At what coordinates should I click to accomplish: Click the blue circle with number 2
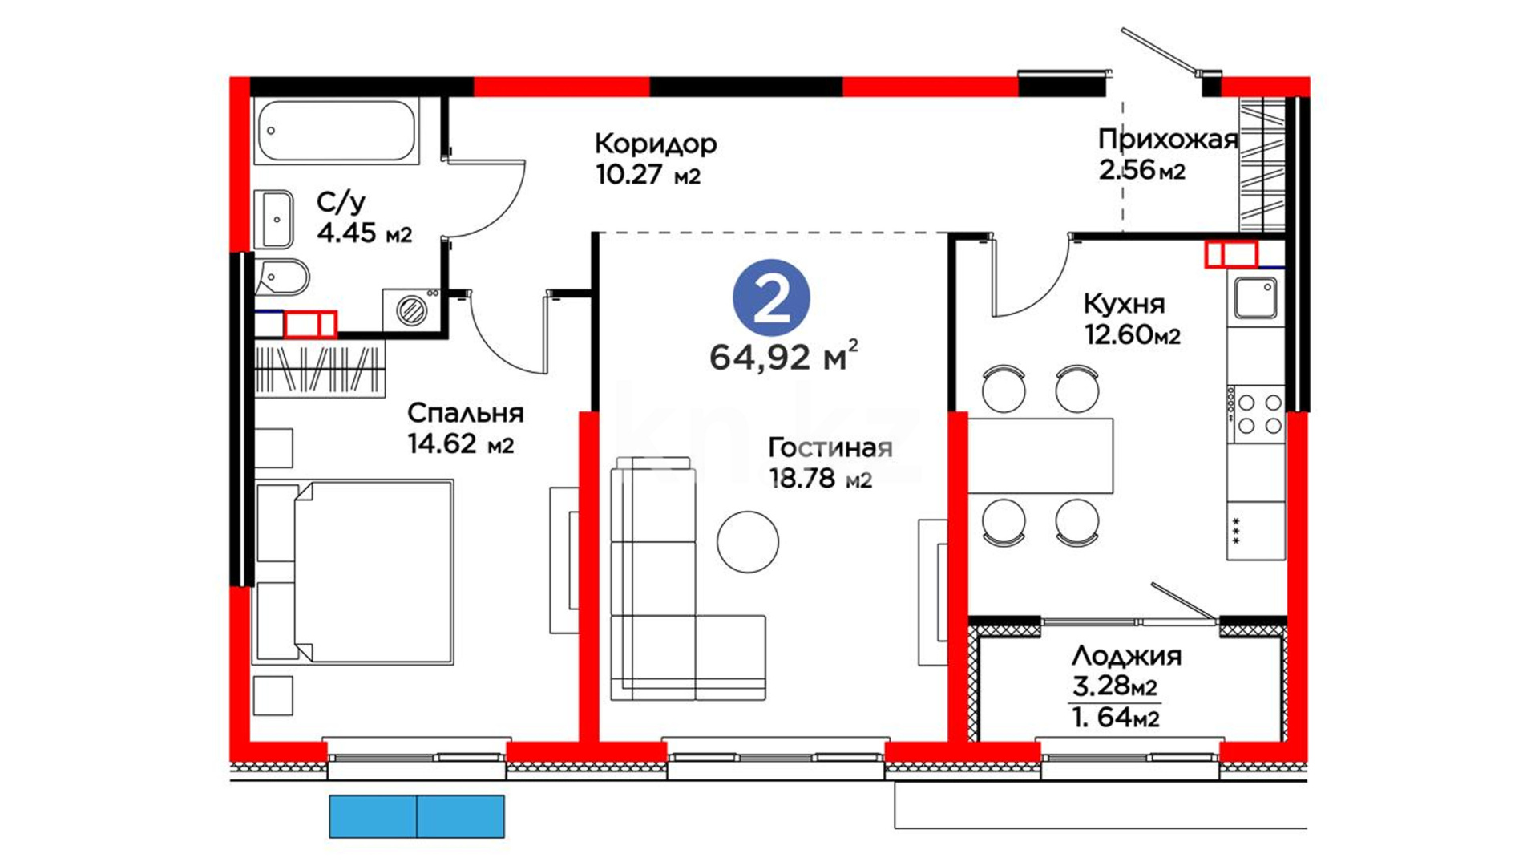pyautogui.click(x=771, y=297)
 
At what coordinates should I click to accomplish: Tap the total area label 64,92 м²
pyautogui.click(x=783, y=356)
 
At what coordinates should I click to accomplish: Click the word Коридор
pyautogui.click(x=656, y=144)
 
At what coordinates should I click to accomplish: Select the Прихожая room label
pyautogui.click(x=1168, y=140)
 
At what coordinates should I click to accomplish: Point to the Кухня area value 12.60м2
pyautogui.click(x=1132, y=334)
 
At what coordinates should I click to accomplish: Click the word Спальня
pyautogui.click(x=465, y=414)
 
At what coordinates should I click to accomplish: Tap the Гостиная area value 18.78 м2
pyautogui.click(x=820, y=479)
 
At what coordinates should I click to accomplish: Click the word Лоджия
pyautogui.click(x=1126, y=657)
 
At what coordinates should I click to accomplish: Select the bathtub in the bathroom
pyautogui.click(x=336, y=132)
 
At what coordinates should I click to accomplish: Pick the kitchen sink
pyautogui.click(x=1255, y=297)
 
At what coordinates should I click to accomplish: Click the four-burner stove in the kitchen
pyautogui.click(x=1255, y=414)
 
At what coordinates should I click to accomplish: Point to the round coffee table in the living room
pyautogui.click(x=748, y=542)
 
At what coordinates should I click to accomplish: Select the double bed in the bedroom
pyautogui.click(x=353, y=573)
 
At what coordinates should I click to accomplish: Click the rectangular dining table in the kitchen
pyautogui.click(x=1040, y=455)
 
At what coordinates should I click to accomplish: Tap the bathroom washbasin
pyautogui.click(x=274, y=219)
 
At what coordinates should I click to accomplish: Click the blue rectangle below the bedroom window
pyautogui.click(x=417, y=816)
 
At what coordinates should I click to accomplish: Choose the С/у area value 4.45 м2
pyautogui.click(x=365, y=233)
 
